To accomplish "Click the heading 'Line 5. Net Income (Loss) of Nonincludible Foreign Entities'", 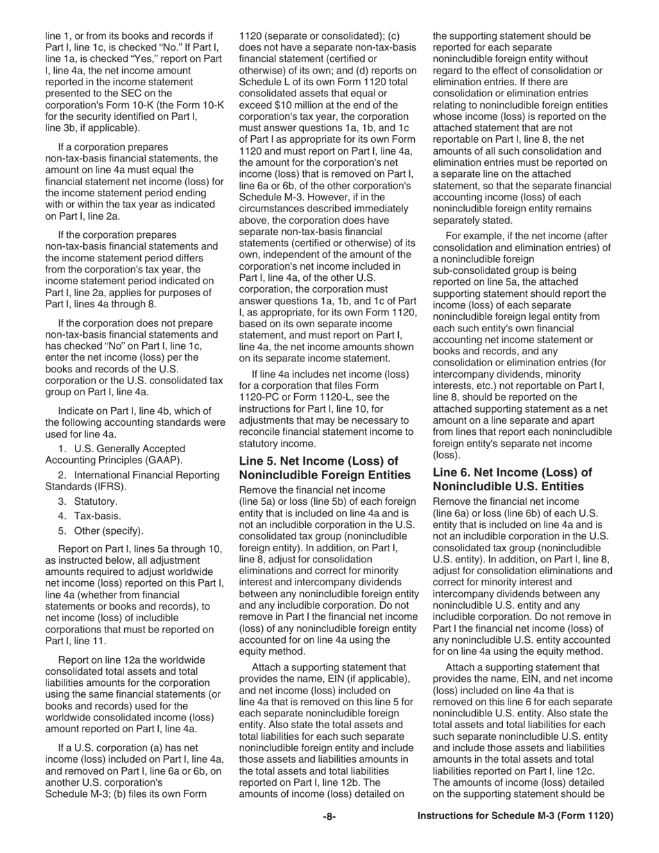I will (324, 468).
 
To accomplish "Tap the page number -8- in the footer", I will (329, 816).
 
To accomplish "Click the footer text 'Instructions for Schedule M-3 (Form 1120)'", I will (515, 816).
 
